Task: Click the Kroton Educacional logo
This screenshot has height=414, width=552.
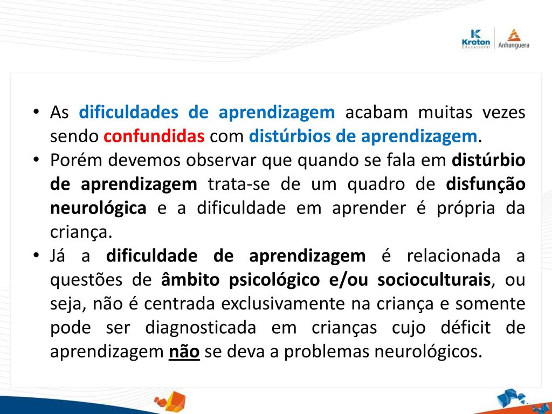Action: click(475, 39)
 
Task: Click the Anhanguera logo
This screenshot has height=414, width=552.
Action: click(514, 39)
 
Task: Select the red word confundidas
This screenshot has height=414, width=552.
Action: click(154, 136)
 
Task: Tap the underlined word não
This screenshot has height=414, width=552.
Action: click(184, 351)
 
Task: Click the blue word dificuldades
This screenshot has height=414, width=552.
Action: click(128, 112)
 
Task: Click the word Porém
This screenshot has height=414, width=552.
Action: click(76, 160)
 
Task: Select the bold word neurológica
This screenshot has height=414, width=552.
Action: click(98, 208)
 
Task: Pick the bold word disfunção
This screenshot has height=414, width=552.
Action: click(486, 184)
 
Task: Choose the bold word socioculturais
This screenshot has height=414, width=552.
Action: click(434, 280)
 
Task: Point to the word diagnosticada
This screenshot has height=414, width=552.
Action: click(201, 328)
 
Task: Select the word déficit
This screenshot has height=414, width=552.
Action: click(465, 328)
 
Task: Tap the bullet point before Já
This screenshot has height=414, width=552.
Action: click(36, 255)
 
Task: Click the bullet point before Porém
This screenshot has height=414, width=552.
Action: click(36, 160)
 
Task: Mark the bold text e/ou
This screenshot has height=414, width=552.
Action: click(349, 280)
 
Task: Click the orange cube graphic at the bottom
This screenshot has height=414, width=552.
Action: click(170, 401)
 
